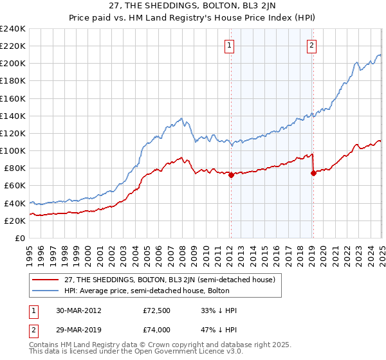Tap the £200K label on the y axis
coord(13,64)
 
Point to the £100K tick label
coord(13,150)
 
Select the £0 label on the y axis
coord(20,238)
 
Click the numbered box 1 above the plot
coord(230,45)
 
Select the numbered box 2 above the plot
coord(311,45)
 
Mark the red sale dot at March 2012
coord(231,175)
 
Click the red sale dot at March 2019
coord(313,174)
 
